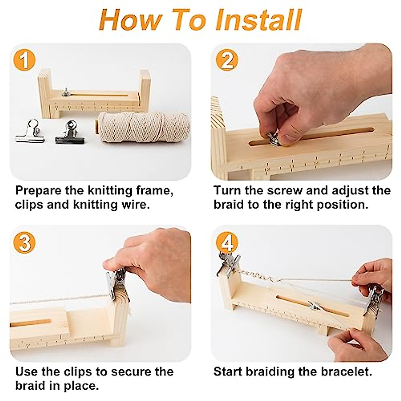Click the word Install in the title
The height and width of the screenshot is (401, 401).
coord(259,20)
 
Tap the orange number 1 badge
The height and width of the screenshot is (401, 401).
coord(24,60)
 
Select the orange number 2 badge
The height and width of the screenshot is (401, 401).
coord(227,60)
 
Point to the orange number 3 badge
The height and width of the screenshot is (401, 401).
coord(24,243)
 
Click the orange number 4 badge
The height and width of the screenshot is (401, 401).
coord(227,243)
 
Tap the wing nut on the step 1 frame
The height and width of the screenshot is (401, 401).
coord(66,92)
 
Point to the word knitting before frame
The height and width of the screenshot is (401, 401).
coord(110,190)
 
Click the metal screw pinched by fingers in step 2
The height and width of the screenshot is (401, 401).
coord(274,138)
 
